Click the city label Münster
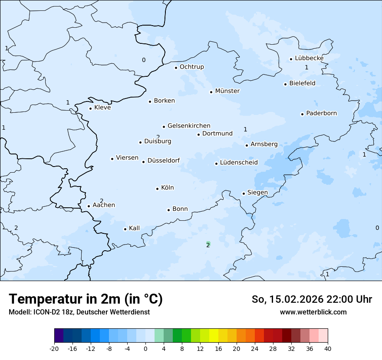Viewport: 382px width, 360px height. [227, 91]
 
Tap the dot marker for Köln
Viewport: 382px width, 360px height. [158, 189]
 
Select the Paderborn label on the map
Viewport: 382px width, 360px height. [321, 114]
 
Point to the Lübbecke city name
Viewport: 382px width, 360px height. [309, 58]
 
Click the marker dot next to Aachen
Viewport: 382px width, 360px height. [89, 206]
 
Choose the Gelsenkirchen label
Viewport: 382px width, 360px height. [189, 126]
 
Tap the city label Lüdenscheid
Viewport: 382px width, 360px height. [239, 163]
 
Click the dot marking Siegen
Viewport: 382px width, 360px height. [244, 193]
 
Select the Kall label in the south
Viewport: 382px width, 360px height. [135, 228]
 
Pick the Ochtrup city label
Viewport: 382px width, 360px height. [191, 67]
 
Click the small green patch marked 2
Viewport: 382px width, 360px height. [208, 244]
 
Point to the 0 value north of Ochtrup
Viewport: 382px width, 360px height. [144, 60]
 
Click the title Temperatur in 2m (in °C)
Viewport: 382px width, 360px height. [86, 299]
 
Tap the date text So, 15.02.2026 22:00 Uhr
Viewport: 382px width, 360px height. [312, 299]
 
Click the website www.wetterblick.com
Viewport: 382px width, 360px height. [313, 312]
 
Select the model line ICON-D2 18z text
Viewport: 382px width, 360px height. [79, 312]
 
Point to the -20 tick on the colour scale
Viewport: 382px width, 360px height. [54, 348]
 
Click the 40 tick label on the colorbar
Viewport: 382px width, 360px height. [328, 348]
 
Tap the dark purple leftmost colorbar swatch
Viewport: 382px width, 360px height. [59, 336]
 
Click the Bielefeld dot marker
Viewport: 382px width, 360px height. [286, 84]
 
